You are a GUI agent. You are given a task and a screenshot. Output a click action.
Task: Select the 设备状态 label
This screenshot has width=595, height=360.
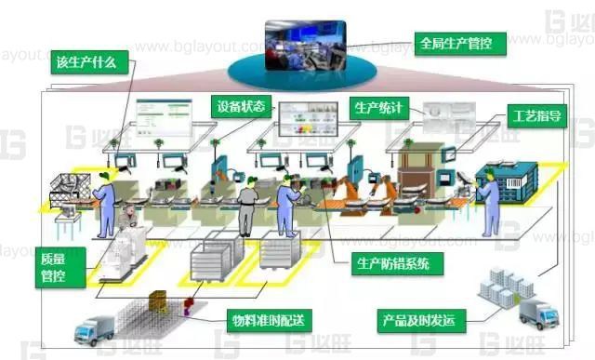pos(242,104)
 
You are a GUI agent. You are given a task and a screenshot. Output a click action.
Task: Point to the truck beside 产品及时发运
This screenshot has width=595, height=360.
pos(539,313)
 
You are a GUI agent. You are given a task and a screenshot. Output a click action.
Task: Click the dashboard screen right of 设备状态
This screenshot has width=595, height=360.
pos(306,115)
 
